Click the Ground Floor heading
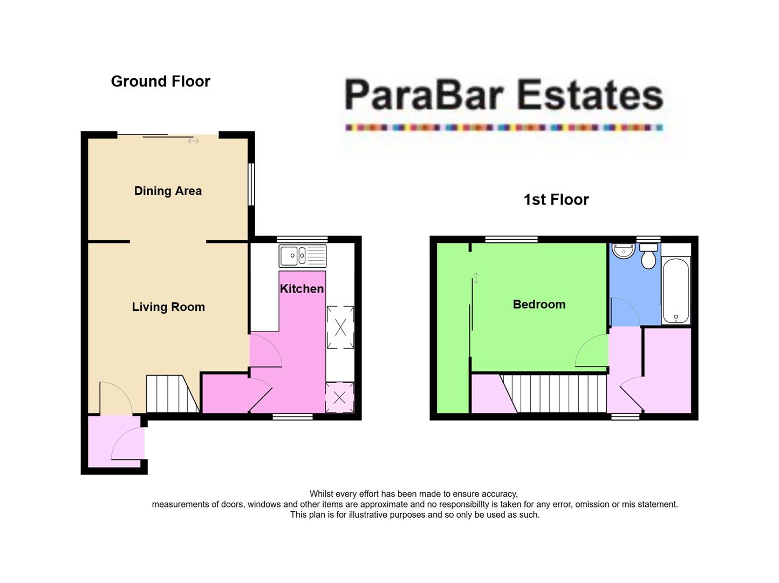click(160, 82)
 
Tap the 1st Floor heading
click(556, 200)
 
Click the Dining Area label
click(168, 191)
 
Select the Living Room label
click(168, 307)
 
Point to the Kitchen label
click(302, 289)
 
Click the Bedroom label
click(539, 304)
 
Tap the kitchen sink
click(302, 255)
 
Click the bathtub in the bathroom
click(675, 290)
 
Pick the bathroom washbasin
click(624, 251)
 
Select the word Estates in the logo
click(589, 95)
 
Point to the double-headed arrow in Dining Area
click(193, 141)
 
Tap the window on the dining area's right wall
click(251, 184)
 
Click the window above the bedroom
click(511, 239)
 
